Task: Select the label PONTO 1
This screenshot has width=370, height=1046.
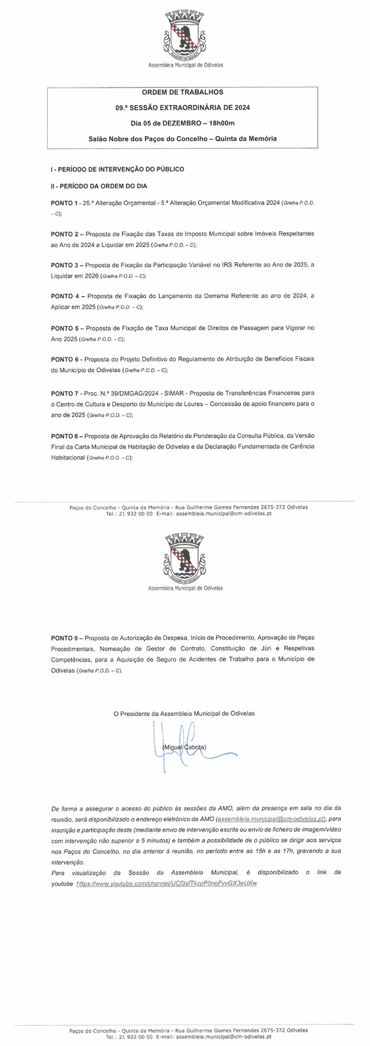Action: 64,204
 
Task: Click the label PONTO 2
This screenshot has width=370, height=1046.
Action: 65,233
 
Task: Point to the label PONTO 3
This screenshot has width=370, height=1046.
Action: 65,265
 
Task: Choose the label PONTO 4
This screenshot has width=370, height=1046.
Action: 65,296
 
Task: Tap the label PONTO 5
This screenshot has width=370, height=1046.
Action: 65,328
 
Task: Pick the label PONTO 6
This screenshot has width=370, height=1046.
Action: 65,359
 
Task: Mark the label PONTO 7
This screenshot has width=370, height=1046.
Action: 65,393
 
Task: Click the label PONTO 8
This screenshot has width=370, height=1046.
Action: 65,435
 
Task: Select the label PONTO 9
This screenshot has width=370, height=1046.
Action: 65,637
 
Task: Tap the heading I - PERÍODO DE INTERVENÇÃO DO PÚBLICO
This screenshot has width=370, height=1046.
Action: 117,169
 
